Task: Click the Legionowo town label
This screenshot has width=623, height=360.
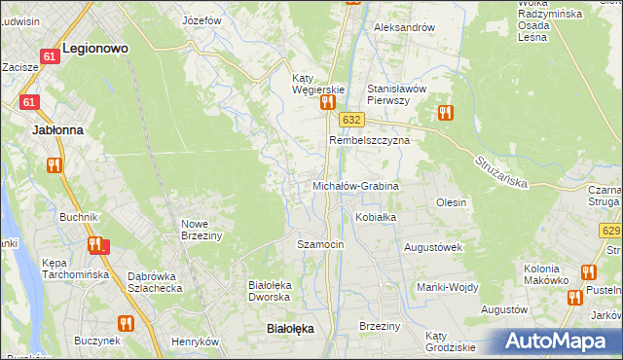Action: [x=96, y=46]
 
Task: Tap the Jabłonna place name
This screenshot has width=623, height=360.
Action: [x=57, y=128]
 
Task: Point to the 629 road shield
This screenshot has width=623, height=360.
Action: [x=611, y=231]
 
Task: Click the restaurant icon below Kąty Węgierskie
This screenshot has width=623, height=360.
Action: [x=328, y=101]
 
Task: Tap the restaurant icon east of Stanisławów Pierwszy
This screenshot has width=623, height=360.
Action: [x=446, y=112]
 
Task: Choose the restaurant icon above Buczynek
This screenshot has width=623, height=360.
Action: [x=126, y=323]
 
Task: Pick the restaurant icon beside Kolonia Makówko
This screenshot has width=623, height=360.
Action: [x=587, y=271]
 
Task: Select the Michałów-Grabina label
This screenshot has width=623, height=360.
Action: [x=355, y=185]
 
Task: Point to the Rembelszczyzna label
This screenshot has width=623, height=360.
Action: [x=369, y=140]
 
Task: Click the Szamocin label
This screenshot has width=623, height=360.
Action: [x=320, y=244]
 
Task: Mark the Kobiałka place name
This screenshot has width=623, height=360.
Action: [x=376, y=217]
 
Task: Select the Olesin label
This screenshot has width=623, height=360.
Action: [x=452, y=202]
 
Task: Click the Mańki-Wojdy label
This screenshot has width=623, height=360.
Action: [x=445, y=287]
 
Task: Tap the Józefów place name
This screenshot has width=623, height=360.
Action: [x=202, y=19]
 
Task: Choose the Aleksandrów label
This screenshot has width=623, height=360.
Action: [x=404, y=27]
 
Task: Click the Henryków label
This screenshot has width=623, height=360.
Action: [x=192, y=342]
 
